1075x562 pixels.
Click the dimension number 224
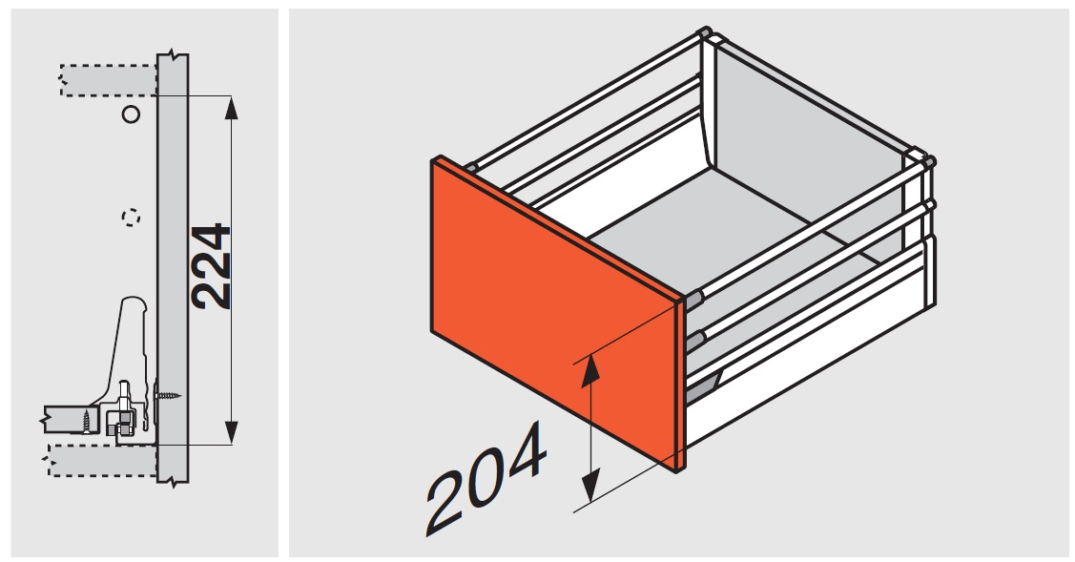pos(211,266)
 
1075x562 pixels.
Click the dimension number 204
pos(486,477)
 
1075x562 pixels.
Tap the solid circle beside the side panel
pos(131,114)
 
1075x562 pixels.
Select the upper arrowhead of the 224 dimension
pos(231,110)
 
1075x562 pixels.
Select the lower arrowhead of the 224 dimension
pos(231,431)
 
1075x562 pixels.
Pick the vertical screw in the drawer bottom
pos(87,420)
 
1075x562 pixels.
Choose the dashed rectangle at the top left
pos(109,80)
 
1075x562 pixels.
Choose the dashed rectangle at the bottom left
pos(103,460)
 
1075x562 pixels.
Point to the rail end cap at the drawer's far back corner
pos(705,31)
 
